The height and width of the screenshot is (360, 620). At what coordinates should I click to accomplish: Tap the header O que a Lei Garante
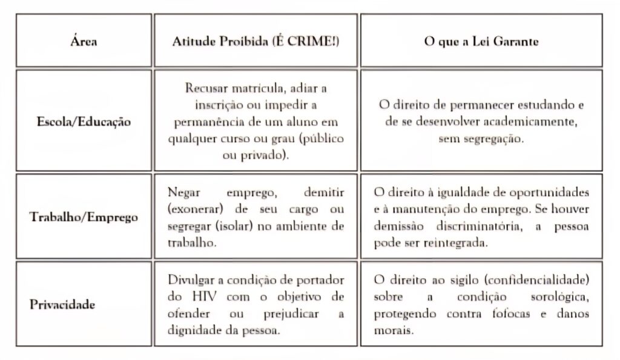(x=481, y=43)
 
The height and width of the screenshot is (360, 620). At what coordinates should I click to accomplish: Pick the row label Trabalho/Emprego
(x=84, y=217)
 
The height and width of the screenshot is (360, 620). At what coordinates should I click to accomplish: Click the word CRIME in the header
(x=306, y=43)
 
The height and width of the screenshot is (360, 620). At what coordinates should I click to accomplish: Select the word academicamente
(x=524, y=121)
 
